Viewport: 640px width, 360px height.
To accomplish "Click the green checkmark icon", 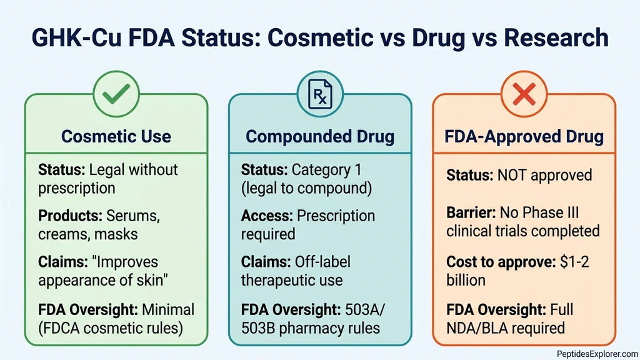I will (116, 95).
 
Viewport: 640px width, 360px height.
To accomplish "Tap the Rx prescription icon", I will (320, 95).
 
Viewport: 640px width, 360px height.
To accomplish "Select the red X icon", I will (524, 95).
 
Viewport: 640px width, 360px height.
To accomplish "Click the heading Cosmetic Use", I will (116, 136).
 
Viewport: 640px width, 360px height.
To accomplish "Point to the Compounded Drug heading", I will (320, 136).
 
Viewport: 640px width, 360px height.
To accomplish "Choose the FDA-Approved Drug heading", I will (524, 136).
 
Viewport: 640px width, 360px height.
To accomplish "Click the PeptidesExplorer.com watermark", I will (597, 353).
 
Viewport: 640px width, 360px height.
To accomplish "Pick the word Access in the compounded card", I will (266, 216).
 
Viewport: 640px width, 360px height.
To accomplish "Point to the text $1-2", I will (572, 261).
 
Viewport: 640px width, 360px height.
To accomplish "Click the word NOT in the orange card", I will (512, 174).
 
